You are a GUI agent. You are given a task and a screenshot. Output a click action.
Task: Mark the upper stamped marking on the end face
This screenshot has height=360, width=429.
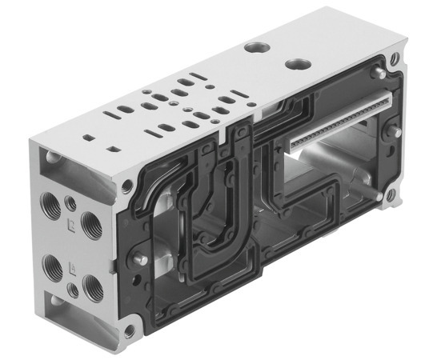click(73, 226)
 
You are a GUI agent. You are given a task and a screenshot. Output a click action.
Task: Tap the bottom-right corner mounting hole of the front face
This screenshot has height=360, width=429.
click(390, 193)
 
